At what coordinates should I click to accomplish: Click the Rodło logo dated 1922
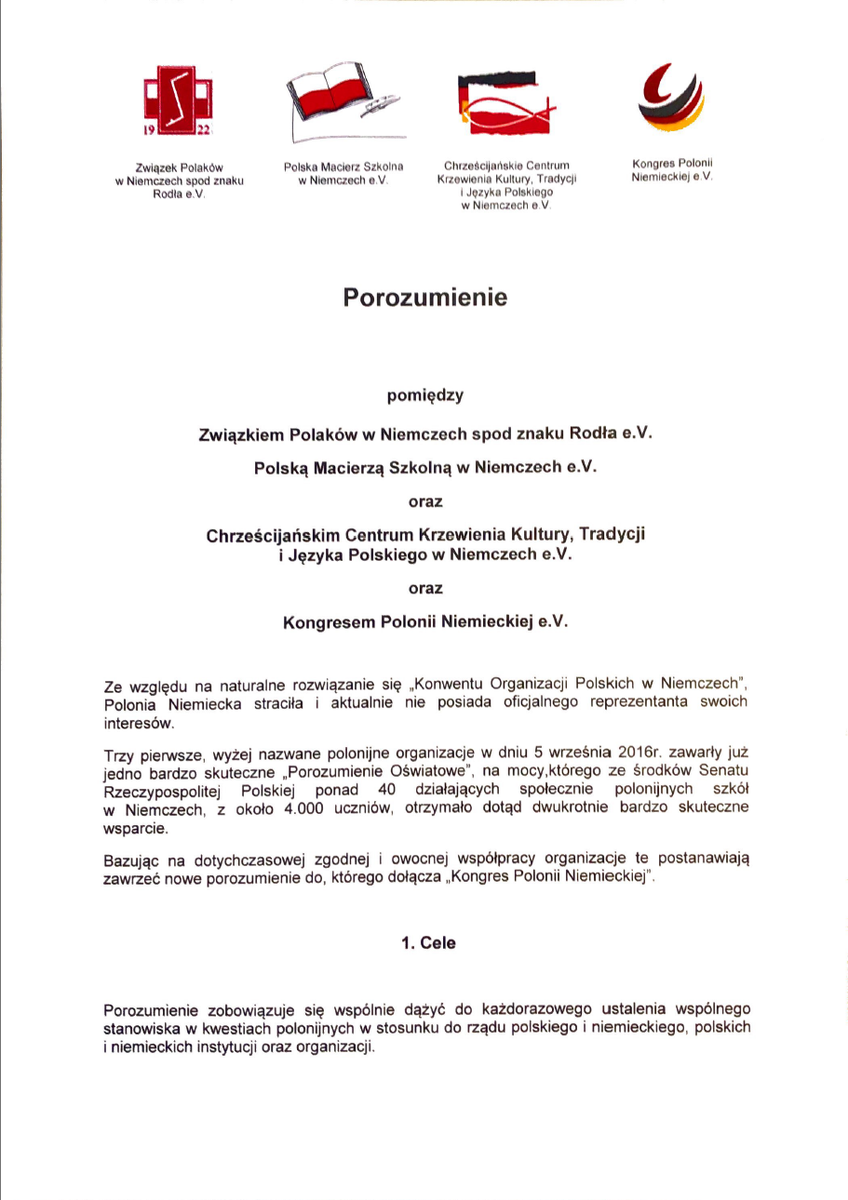coord(178,102)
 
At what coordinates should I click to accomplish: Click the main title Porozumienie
coord(424,298)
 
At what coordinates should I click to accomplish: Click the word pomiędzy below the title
coord(424,394)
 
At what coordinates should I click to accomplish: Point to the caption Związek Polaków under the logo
coord(178,167)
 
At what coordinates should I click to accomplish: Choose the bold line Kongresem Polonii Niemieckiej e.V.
coord(424,624)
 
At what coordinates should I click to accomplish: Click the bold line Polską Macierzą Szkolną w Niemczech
coord(424,469)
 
